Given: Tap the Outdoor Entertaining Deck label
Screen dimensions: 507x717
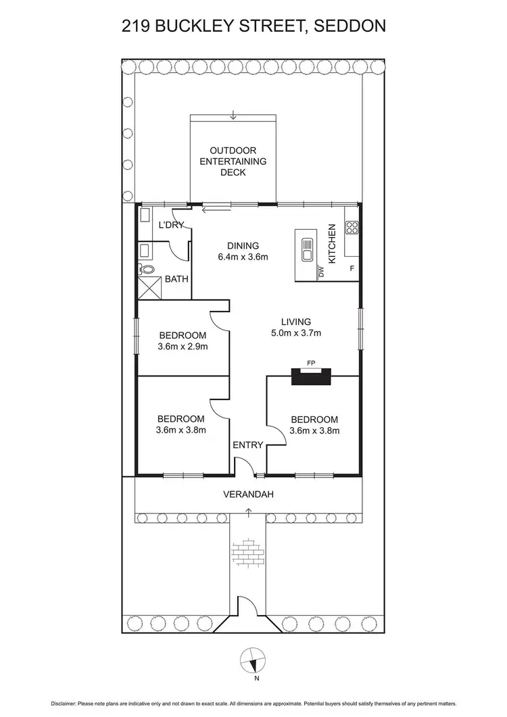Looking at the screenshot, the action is click(233, 162).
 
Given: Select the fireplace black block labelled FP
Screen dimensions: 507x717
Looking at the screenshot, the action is click(311, 376).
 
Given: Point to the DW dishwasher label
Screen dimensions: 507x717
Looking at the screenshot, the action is click(321, 272).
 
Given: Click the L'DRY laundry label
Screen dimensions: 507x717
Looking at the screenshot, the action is click(170, 225).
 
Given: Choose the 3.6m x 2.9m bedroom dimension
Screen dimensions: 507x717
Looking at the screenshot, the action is click(183, 347).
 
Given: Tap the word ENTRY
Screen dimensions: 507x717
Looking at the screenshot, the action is click(247, 445).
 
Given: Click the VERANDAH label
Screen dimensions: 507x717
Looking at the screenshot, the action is click(248, 495).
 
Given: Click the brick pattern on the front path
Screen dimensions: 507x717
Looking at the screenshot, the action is click(248, 552).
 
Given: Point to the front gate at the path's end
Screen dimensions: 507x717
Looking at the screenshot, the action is click(248, 612).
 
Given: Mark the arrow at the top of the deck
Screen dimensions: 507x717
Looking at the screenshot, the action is click(233, 116).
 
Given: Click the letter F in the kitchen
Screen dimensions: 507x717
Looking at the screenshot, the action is click(351, 269).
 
